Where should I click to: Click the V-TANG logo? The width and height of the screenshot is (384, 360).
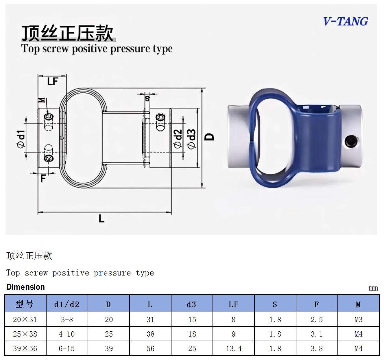pos(346,21)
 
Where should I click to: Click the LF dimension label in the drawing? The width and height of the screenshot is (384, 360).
pos(53,81)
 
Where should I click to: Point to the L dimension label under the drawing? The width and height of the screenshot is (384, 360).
pos(101,218)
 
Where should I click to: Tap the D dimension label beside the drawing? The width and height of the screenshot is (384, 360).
pos(209,137)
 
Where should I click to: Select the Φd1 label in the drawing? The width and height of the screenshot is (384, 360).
pos(21,139)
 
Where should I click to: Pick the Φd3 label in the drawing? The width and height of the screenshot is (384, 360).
pos(191,139)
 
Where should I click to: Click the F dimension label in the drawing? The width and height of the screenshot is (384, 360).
pos(43,179)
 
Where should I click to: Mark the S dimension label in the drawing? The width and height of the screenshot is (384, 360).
pos(147,98)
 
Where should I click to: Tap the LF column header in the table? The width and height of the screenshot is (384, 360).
pos(233,304)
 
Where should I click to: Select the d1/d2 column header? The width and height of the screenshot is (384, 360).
pos(67,304)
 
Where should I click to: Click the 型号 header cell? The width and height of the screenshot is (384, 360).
pos(25,304)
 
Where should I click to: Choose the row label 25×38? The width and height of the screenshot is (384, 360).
pos(25,334)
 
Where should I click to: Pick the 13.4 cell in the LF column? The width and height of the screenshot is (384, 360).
pos(234,348)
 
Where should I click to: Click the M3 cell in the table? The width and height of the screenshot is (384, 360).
pos(359,319)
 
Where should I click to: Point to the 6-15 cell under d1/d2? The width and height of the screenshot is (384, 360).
pos(67,348)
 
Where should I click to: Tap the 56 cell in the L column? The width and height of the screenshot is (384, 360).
pos(150,348)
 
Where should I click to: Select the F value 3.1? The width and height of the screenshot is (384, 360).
pos(317,334)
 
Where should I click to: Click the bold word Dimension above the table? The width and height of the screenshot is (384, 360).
pos(25,287)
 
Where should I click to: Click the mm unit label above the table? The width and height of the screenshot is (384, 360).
pos(373,288)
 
